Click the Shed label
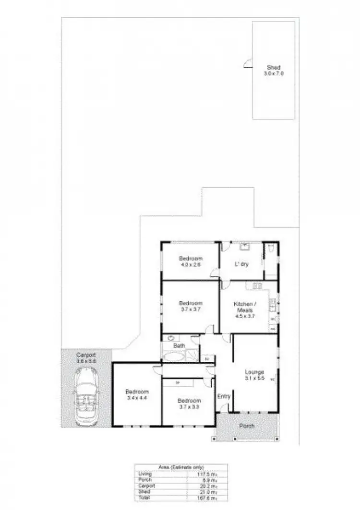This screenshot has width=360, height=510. [x=274, y=71]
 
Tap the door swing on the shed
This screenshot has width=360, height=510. [x=248, y=64]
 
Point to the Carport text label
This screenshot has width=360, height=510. [x=86, y=357]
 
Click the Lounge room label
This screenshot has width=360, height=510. [x=254, y=375]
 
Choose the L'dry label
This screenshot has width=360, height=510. [x=241, y=264]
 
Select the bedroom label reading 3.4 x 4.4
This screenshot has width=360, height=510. [x=137, y=394]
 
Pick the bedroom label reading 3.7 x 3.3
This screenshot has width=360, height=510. [x=189, y=403]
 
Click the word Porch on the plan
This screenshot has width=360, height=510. [x=247, y=426]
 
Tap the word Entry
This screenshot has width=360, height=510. [x=224, y=397]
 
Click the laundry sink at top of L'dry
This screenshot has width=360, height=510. [x=245, y=247]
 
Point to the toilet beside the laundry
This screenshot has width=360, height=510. [x=271, y=249]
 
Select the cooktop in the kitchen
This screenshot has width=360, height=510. [x=257, y=286]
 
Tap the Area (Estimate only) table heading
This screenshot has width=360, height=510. [x=180, y=467]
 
